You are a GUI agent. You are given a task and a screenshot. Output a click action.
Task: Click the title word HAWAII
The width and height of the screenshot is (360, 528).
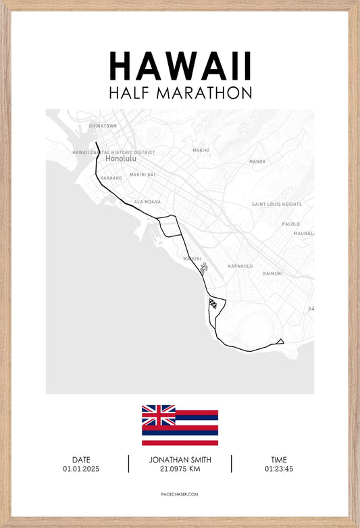pyautogui.click(x=180, y=66)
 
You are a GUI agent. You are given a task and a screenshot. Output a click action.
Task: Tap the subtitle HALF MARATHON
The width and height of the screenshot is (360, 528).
pyautogui.click(x=180, y=93)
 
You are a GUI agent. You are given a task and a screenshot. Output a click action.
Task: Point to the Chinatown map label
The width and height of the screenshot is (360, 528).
pyautogui.click(x=103, y=126)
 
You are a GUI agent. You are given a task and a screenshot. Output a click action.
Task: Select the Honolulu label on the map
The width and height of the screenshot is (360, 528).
pyautogui.click(x=121, y=159)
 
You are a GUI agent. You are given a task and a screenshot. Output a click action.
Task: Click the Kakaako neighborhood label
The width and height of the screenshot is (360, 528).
pyautogui.click(x=111, y=178)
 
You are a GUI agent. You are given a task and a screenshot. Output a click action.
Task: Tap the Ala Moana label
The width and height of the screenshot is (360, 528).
pyautogui.click(x=147, y=201)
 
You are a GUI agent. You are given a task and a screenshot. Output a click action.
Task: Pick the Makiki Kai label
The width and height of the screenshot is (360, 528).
pyautogui.click(x=143, y=174)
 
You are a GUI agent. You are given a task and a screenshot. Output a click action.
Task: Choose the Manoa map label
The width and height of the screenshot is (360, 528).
pyautogui.click(x=257, y=161)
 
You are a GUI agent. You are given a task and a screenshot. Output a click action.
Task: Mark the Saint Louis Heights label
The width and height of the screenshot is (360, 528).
pyautogui.click(x=277, y=204)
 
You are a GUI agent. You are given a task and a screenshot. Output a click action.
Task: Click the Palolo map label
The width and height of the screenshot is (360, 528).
pyautogui.click(x=291, y=223)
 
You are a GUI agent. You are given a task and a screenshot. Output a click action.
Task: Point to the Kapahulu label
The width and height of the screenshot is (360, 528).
pyautogui.click(x=240, y=266)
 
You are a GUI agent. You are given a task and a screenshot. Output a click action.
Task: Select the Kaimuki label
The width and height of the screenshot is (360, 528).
pyautogui.click(x=272, y=273)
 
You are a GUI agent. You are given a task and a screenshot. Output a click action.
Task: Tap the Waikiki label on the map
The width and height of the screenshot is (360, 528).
pyautogui.click(x=192, y=258)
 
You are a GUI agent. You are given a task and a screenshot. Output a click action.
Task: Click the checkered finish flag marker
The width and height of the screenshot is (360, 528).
pyautogui.click(x=213, y=303)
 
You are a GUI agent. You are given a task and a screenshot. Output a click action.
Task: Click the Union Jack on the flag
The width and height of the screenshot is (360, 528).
pyautogui.click(x=159, y=415)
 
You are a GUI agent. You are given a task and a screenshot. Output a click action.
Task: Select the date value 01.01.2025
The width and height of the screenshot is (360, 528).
pyautogui.click(x=81, y=469)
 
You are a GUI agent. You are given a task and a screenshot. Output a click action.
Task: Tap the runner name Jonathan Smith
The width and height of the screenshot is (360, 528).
pyautogui.click(x=180, y=459)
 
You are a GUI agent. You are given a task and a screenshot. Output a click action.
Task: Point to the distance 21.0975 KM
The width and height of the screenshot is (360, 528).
pyautogui.click(x=180, y=469)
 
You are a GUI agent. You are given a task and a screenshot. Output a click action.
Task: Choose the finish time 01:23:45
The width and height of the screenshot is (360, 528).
pyautogui.click(x=279, y=469)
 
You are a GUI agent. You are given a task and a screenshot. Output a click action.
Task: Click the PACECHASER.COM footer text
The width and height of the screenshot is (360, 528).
pyautogui.click(x=180, y=494)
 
